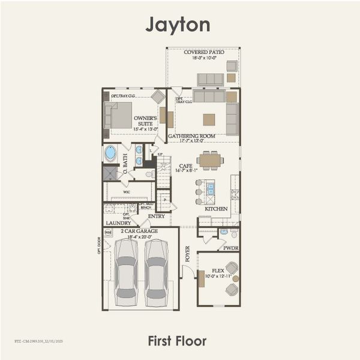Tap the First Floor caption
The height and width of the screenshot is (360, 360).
[178, 341]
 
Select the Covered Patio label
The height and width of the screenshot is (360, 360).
[204, 53]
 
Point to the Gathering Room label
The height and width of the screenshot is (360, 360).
[191, 136]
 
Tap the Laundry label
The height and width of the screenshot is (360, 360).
[119, 223]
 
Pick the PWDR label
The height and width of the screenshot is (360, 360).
[230, 247]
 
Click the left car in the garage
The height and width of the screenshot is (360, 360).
[127, 272]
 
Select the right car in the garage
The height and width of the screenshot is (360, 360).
[157, 272]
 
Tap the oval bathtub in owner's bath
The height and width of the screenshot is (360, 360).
[110, 153]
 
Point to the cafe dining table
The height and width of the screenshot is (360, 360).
[210, 160]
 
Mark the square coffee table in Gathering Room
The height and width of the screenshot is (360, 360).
[209, 118]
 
